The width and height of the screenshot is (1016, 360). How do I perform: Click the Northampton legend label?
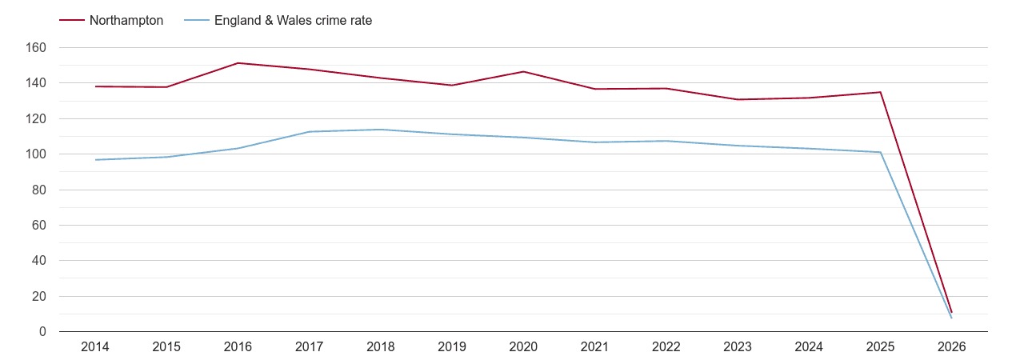126,21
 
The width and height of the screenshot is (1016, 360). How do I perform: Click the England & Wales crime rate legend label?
293,21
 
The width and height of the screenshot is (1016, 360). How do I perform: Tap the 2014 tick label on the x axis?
95,347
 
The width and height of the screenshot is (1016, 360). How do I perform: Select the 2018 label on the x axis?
381,347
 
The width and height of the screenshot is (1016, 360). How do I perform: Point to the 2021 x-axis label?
594,347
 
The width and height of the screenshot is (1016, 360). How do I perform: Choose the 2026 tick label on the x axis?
951,347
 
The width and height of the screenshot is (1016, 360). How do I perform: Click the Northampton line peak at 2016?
238,63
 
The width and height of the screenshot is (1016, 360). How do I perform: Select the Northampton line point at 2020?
523,72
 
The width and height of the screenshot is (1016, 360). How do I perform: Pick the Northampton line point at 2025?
880,92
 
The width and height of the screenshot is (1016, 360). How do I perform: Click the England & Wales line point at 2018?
381,130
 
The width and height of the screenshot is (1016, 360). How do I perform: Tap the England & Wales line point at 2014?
95,160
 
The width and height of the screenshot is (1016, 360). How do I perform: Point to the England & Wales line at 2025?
880,152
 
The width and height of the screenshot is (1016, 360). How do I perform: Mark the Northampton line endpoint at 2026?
951,312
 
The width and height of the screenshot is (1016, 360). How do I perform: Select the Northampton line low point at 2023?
738,99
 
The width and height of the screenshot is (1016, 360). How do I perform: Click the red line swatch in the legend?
72,21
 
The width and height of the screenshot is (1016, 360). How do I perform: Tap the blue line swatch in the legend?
196,21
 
